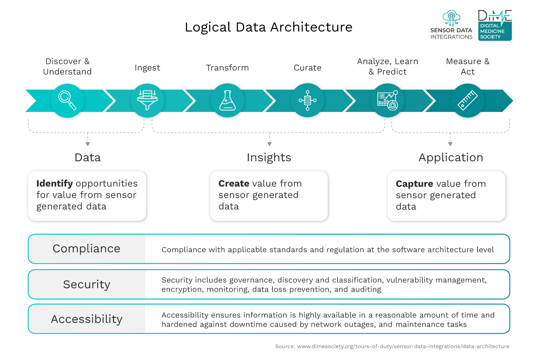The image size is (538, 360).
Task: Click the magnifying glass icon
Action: pos(67,100)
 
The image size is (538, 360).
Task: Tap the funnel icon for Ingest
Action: pos(147,100)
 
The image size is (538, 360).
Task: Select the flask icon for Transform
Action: pos(227,101)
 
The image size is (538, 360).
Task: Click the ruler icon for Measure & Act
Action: pos(467,101)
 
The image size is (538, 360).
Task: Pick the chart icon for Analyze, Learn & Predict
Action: pos(387,101)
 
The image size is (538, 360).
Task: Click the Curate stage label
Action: pos(307,68)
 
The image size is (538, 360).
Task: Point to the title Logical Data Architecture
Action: pos(268,27)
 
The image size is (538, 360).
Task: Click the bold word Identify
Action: pos(54,184)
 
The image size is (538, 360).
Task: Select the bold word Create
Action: pos(234,184)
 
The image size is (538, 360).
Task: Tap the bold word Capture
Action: pos(414,184)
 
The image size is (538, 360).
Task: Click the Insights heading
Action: pos(269,158)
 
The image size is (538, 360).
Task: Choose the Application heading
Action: pos(451,158)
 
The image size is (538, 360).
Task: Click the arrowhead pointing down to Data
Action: pos(88,144)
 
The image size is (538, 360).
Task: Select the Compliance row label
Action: pos(86,249)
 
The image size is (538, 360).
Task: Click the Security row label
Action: pos(86,284)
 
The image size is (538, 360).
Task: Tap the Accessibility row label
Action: pos(86,319)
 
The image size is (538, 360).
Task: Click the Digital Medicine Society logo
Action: pos(495,26)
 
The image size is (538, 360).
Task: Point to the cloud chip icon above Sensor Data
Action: pos(451,17)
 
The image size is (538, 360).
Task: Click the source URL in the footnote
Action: pos(403,346)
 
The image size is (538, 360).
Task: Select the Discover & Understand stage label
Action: pos(67,67)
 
